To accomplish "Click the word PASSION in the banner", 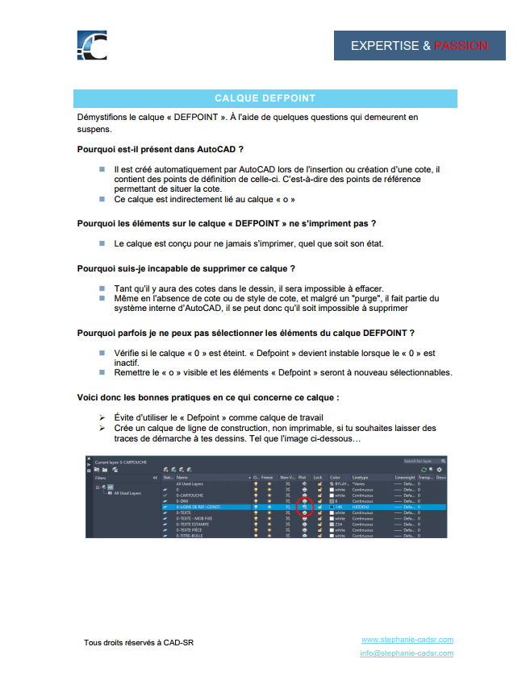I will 461,46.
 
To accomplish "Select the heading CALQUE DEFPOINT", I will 265,98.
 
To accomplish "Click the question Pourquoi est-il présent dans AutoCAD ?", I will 161,149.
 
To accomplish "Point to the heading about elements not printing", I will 227,222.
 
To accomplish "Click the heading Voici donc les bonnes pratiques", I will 207,397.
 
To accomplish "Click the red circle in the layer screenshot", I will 304,506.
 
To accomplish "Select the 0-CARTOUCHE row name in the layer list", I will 191,495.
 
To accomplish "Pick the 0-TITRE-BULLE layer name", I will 190,534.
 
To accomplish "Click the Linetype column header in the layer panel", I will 360,477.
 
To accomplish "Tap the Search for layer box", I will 423,462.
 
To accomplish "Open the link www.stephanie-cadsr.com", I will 407,640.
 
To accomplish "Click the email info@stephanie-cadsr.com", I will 407,653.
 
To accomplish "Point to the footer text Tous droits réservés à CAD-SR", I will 139,642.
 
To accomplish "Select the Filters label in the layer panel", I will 100,477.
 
